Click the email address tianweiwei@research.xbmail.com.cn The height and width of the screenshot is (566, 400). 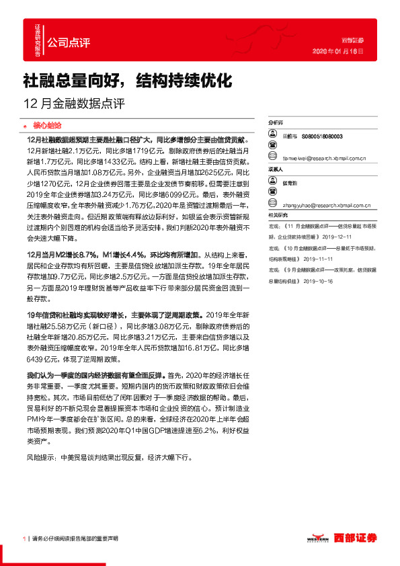pyautogui.click(x=323, y=159)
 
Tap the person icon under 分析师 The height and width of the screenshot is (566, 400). pyautogui.click(x=272, y=136)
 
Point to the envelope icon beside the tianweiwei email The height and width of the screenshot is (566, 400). pyautogui.click(x=272, y=159)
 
